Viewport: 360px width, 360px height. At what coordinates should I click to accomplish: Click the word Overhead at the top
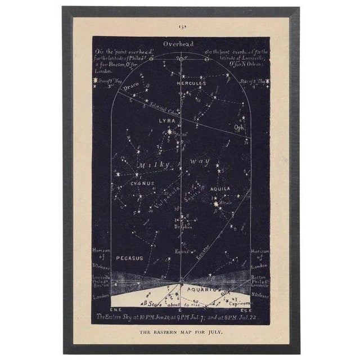(178, 43)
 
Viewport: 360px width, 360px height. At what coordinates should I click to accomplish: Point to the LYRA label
(166, 121)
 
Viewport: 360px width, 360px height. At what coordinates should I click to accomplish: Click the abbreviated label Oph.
(240, 128)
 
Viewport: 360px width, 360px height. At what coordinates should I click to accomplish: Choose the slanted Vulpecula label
(164, 196)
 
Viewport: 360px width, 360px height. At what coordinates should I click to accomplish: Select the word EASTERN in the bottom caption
(169, 332)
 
